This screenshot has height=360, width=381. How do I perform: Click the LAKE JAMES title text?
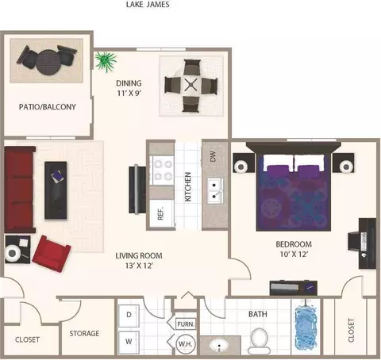(148, 5)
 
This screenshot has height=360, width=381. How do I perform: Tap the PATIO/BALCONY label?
(48, 107)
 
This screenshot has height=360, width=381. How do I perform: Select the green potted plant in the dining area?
(106, 61)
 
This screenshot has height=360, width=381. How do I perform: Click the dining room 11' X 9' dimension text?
(129, 93)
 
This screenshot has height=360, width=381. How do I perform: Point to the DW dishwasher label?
(213, 156)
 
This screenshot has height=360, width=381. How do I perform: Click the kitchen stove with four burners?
(162, 170)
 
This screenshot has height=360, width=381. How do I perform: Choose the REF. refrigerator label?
(160, 213)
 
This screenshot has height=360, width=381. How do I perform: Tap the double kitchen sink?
(215, 190)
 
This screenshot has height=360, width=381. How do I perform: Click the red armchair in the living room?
(52, 254)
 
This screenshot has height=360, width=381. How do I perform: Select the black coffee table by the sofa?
(56, 190)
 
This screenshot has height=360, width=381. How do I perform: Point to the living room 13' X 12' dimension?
(139, 266)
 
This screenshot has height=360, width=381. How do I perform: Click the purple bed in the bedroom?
(294, 192)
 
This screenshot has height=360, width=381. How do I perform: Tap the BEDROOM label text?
(294, 244)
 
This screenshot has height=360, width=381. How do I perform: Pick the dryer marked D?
(129, 316)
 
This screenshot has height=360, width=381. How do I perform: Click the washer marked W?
(129, 343)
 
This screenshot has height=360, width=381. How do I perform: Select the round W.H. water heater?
(186, 344)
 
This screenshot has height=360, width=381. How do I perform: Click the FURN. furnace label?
(186, 324)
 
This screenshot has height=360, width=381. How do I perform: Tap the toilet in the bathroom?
(259, 342)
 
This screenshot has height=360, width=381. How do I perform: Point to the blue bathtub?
(306, 327)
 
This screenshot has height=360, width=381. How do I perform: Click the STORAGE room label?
(84, 334)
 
